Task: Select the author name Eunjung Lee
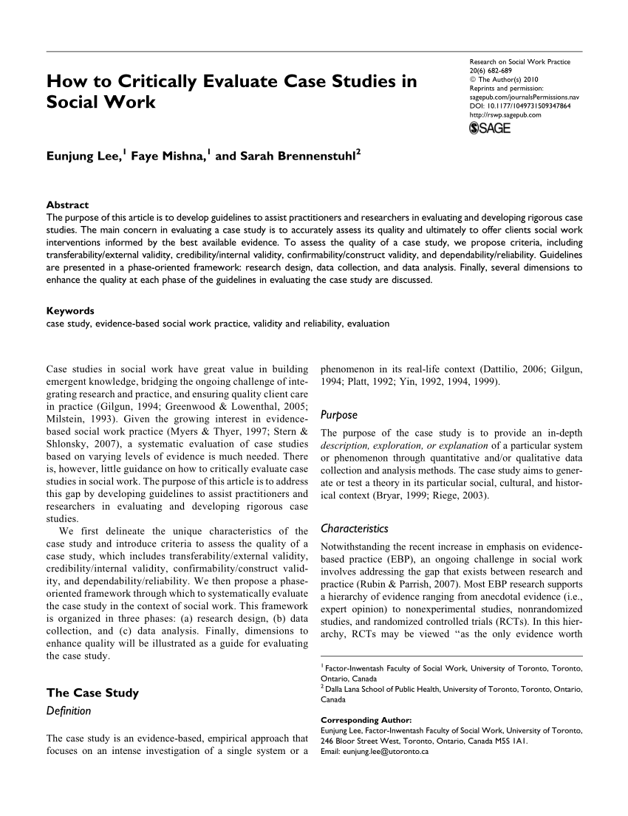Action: [x=84, y=156]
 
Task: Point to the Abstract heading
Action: [x=67, y=205]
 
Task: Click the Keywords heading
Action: [x=69, y=311]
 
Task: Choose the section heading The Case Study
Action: [x=92, y=693]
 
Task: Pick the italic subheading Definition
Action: [x=68, y=710]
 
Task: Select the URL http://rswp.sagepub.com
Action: [x=506, y=116]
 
